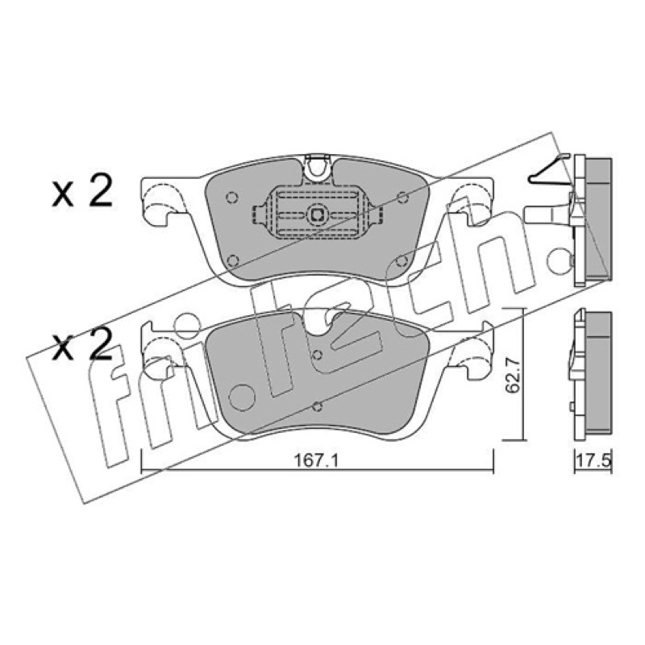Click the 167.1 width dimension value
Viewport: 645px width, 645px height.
pos(316,461)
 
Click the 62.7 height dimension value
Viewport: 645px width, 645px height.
pos(513,375)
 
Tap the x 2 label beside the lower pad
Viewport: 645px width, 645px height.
pos(82,345)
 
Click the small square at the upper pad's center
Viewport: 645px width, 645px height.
pos(316,214)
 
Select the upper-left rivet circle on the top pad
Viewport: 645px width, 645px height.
pos(232,198)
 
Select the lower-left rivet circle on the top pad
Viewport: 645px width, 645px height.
pos(233,260)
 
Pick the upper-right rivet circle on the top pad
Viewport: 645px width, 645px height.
pos(402,198)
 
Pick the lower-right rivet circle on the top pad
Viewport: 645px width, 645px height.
pos(402,260)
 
